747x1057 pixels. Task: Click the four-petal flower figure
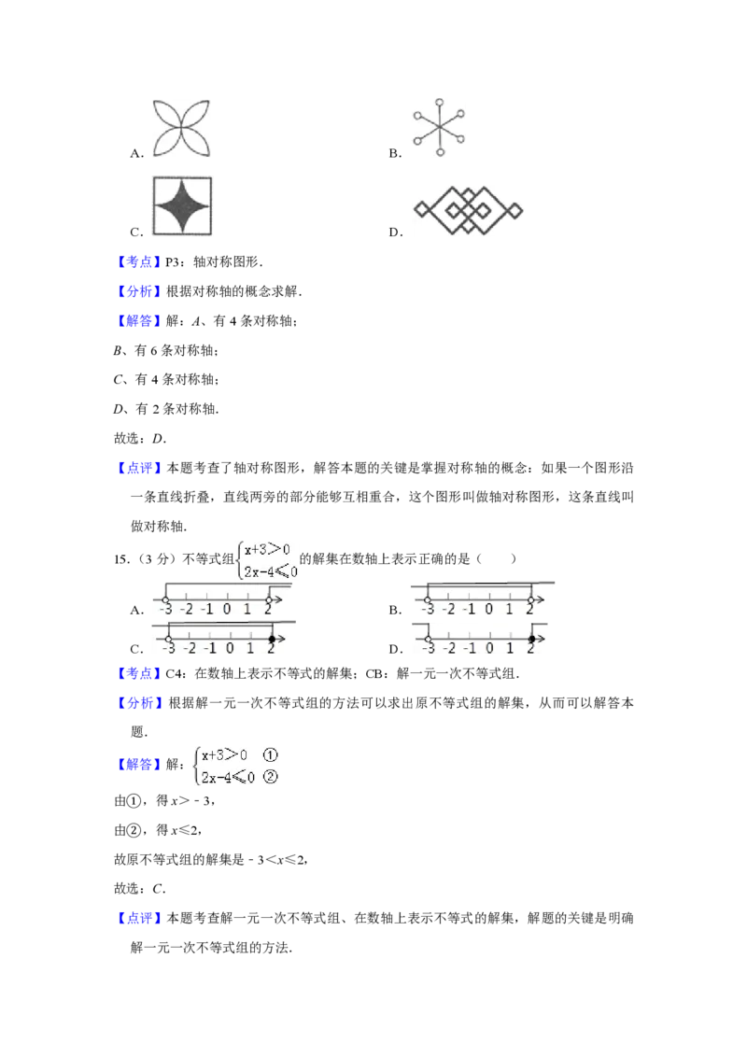pos(183,131)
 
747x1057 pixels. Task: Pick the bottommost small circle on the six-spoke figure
pos(440,152)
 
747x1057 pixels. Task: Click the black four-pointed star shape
pos(183,205)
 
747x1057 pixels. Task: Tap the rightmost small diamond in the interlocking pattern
pos(514,210)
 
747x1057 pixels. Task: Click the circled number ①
pos(271,755)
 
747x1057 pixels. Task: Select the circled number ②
pos(271,777)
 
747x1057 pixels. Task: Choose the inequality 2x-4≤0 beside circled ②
pos(228,777)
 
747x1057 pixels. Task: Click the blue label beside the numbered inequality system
pos(139,767)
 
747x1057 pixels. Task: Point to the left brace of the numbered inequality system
pos(195,766)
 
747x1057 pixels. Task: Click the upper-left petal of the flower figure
pos(168,116)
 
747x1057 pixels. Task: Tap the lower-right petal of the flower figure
pos(198,146)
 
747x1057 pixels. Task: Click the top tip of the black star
pos(183,181)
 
